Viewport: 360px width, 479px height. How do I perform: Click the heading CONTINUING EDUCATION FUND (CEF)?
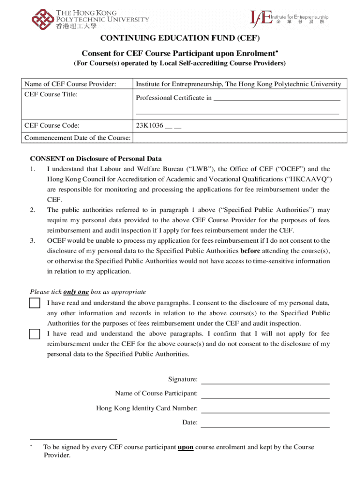tap(180, 38)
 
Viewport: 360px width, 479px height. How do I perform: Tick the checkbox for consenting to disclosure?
tap(34, 303)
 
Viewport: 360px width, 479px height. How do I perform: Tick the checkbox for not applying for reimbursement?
tap(34, 334)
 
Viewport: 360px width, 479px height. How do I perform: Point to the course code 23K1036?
tap(149, 125)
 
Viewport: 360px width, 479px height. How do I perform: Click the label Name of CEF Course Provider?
tap(70, 84)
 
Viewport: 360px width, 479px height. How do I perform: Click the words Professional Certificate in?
tap(173, 98)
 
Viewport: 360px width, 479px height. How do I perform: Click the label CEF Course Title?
tap(51, 94)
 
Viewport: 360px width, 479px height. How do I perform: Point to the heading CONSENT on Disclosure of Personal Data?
tap(96, 159)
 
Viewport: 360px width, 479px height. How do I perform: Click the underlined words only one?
tap(76, 292)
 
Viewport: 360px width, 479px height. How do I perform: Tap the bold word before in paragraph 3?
tap(250, 251)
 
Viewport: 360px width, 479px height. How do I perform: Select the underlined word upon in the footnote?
tap(186, 447)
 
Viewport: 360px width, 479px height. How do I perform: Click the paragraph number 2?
tap(32, 210)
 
